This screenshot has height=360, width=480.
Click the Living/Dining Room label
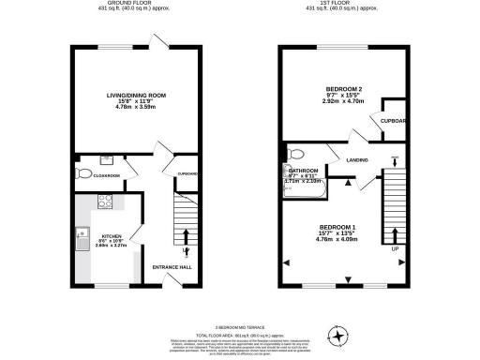pyautogui.click(x=136, y=94)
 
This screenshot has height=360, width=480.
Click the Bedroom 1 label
pyautogui.click(x=337, y=228)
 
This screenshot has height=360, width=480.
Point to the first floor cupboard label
pyautogui.click(x=391, y=120)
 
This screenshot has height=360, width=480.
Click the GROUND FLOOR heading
pyautogui.click(x=136, y=4)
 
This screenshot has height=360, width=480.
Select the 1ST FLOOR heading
pyautogui.click(x=337, y=4)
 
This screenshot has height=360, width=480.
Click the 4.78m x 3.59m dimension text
pyautogui.click(x=136, y=108)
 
